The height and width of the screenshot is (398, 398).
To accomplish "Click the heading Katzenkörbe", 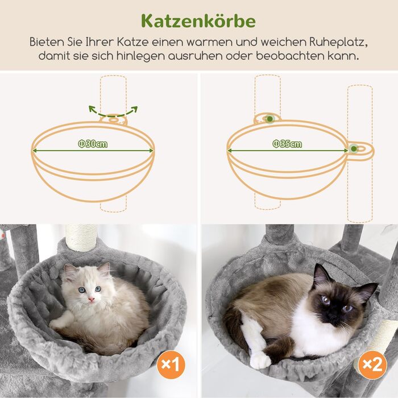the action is pos(198,21).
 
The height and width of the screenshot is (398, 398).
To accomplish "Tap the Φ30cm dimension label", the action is pos(93,144).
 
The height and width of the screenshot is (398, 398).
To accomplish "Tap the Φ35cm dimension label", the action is pos(287,144).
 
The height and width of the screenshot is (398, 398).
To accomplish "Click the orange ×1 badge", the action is pos(171,364).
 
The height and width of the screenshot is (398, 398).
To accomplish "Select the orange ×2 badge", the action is pos(372,365).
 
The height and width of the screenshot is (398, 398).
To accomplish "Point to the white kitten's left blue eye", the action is pos(82,290).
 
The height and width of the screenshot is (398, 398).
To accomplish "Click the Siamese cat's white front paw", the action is pos(259,360).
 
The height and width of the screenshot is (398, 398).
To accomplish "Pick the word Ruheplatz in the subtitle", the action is pos(338,42).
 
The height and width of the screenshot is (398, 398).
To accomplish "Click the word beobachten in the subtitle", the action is pos(290,56).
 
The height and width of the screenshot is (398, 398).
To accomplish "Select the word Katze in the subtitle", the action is pos(132,42).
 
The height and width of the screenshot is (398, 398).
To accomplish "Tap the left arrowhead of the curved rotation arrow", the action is pos(92,109).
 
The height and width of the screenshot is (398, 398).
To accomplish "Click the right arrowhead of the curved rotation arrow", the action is pos(134,109).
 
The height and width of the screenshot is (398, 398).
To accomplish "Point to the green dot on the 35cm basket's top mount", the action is pos(270,119).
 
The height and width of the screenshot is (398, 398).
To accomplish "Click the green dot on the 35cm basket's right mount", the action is pos(354,149).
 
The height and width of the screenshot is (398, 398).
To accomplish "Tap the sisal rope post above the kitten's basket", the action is pos(81,238).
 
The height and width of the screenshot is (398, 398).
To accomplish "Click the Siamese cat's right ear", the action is pos(366,291).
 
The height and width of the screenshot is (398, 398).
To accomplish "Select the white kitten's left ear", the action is pos(68,271).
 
